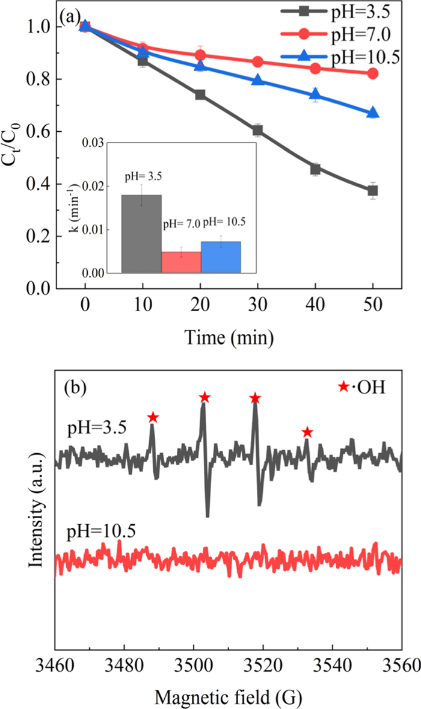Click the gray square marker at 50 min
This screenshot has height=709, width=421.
tap(373, 191)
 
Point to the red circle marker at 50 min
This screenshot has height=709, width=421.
tap(373, 73)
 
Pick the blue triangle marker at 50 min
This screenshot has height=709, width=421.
tap(373, 113)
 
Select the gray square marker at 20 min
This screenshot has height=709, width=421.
tap(200, 94)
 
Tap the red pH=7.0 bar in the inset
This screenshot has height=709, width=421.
tap(181, 262)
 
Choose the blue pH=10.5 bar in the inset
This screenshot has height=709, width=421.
tap(221, 257)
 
